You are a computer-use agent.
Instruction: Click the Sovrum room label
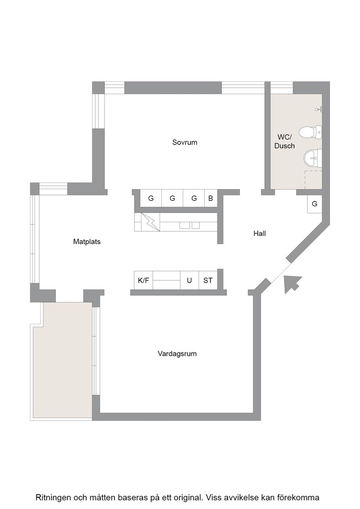click(x=185, y=142)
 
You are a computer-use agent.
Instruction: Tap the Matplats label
click(x=87, y=241)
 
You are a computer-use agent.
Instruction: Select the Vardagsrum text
click(x=177, y=354)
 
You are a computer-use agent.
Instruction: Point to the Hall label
click(x=260, y=234)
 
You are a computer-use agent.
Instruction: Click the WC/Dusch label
click(x=285, y=141)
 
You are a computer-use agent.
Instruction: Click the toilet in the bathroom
click(x=310, y=132)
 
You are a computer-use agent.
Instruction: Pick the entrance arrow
click(x=292, y=284)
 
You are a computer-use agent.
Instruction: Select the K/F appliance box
click(x=144, y=280)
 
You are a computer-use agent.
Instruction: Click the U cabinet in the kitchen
click(x=189, y=280)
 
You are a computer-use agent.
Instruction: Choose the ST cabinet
click(x=208, y=280)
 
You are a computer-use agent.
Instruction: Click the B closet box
click(x=210, y=198)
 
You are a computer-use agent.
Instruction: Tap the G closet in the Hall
click(x=315, y=204)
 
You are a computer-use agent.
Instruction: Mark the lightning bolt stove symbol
click(x=150, y=222)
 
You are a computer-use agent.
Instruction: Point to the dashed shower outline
click(x=313, y=180)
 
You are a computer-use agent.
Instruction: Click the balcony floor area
click(x=63, y=360)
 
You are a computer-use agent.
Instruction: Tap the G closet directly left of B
click(x=194, y=198)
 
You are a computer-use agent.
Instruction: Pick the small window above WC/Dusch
click(x=282, y=88)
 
